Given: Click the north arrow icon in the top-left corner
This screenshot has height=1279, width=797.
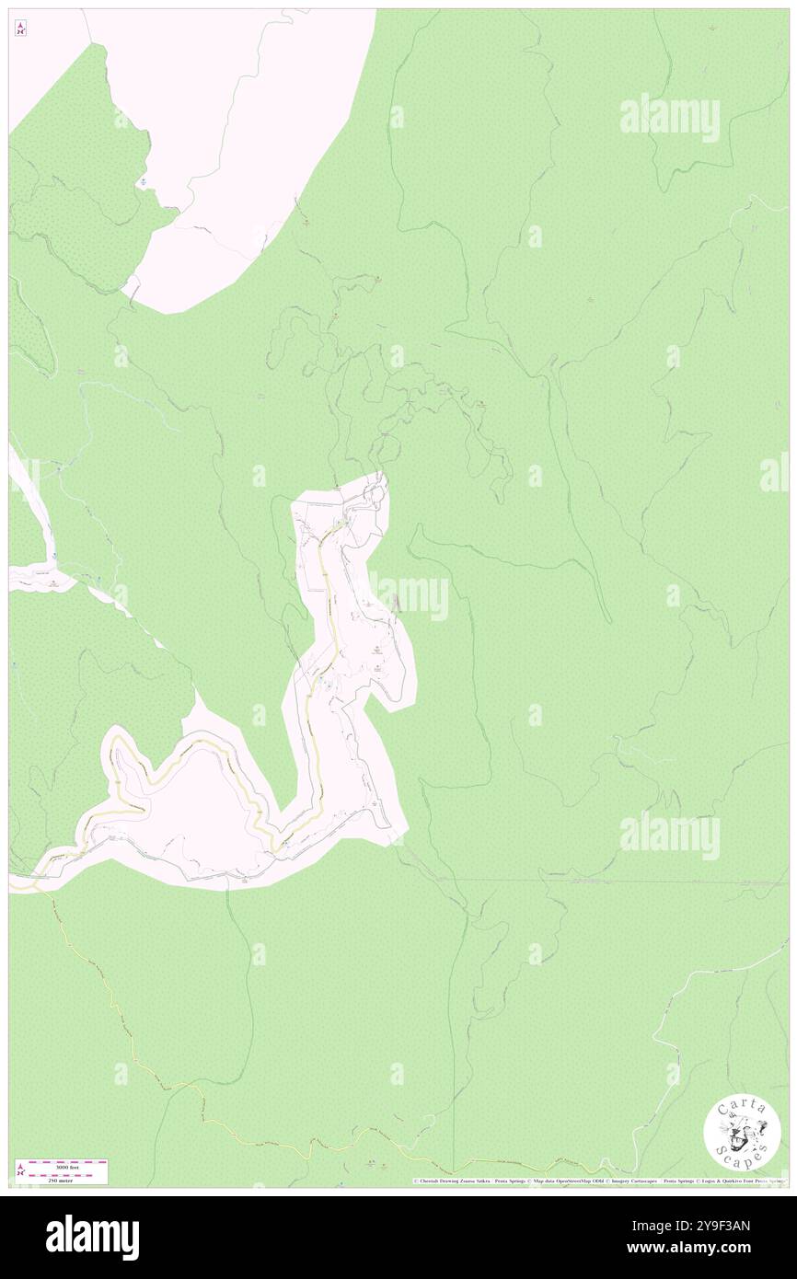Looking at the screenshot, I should tap(20, 29).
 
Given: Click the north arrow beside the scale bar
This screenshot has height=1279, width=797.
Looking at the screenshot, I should tap(20, 1170).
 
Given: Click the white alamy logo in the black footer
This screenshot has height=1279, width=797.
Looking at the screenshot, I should tap(92, 1238).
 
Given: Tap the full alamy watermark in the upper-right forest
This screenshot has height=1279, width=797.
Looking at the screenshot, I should tap(669, 118).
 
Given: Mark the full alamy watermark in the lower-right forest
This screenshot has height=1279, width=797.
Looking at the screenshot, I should tap(669, 835).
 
